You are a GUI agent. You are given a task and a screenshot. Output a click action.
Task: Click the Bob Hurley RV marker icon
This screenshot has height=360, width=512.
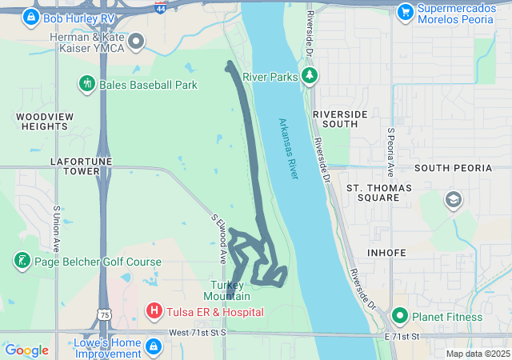31,16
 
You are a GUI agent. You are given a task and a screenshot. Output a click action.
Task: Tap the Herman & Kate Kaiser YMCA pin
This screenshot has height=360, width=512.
136,41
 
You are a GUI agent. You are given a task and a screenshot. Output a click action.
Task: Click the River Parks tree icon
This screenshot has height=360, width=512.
310,76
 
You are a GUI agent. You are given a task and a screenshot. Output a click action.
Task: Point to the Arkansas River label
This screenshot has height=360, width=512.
288,149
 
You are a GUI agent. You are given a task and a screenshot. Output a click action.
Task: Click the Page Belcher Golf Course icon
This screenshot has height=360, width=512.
22,261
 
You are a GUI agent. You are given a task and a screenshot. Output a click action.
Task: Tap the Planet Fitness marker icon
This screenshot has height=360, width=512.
400,316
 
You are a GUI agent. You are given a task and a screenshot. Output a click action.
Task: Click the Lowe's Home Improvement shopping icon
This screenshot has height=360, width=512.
154,347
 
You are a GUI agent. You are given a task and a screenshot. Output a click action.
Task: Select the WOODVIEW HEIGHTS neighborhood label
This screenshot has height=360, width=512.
42,122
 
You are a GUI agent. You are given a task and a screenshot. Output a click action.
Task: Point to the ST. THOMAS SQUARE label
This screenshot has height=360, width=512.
378,192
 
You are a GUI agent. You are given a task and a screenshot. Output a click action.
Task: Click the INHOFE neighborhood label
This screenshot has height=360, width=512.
388,253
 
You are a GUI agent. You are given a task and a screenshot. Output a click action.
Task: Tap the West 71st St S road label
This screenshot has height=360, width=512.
198,332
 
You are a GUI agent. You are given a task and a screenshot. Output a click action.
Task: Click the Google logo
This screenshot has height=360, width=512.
27,350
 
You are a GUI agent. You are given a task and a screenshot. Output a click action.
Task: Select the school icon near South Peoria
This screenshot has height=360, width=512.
454,199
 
